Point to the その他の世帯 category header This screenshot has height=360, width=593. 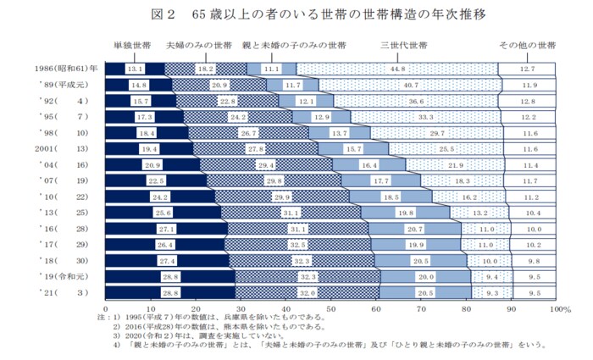(527, 44)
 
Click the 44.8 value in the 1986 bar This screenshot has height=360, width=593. (397, 68)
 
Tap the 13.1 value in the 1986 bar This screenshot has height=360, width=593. (135, 68)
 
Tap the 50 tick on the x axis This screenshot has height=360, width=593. (330, 309)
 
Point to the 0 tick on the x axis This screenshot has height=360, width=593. (105, 309)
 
